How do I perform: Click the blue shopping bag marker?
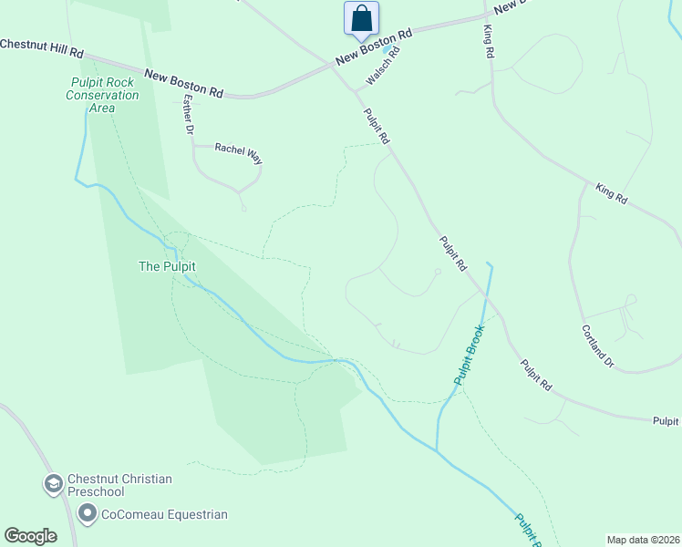point(361,18)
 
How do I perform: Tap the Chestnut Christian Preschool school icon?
point(53,483)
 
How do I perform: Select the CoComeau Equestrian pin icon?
point(88,515)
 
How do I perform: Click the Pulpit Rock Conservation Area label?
point(102,95)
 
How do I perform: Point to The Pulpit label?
point(167,266)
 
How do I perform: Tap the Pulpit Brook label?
point(468,353)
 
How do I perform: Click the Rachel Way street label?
point(238,152)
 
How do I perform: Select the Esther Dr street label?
point(189,115)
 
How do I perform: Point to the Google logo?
point(31,535)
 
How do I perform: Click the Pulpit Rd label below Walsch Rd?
point(377,126)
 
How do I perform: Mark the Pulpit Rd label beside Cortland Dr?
point(537,375)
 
